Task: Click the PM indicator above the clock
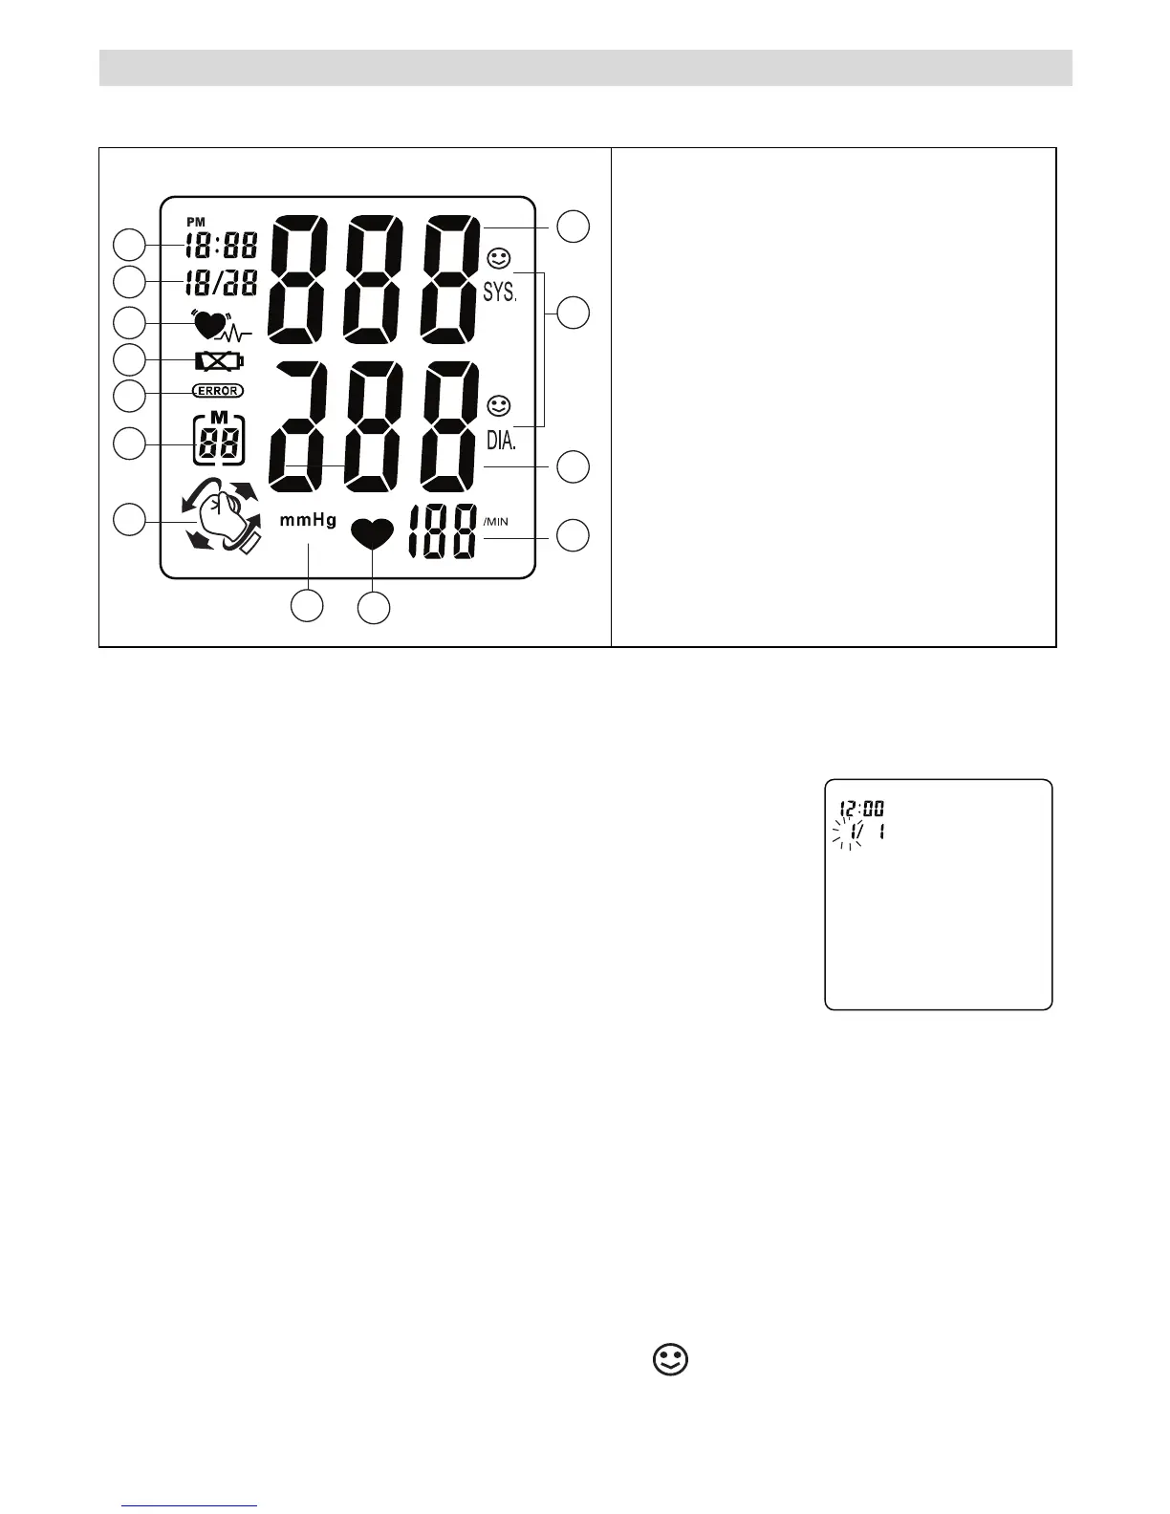point(195,222)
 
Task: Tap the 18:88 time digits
point(221,246)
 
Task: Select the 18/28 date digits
point(221,283)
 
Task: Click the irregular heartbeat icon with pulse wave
point(221,325)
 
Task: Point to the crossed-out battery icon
point(219,360)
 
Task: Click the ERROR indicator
point(218,391)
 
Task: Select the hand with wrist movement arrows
point(221,522)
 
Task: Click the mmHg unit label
point(308,521)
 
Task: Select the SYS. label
point(499,292)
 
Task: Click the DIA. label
point(499,441)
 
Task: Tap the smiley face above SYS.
point(498,258)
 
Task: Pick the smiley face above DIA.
point(498,405)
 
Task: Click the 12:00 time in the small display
point(862,809)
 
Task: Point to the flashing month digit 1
point(847,832)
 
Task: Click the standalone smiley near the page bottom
point(671,1360)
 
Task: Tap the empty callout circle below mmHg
point(307,606)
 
